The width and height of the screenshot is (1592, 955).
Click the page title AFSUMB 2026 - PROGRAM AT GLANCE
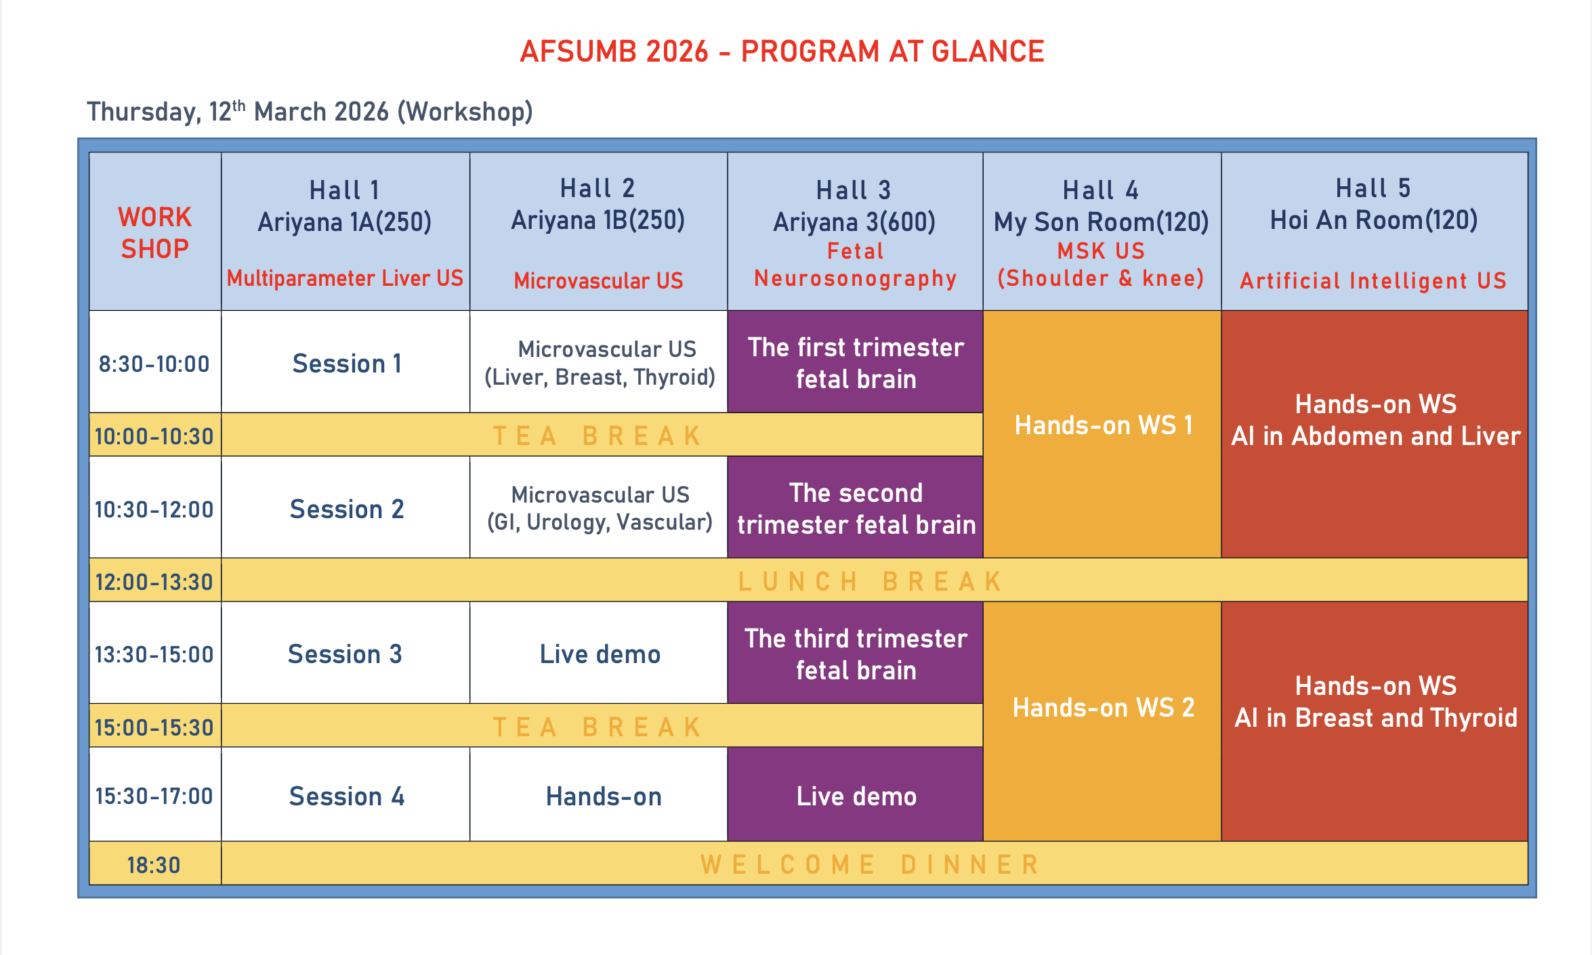(782, 52)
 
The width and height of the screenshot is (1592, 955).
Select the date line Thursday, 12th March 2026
(310, 112)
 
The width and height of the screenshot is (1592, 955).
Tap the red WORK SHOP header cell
(155, 232)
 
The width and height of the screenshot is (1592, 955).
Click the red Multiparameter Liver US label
(345, 278)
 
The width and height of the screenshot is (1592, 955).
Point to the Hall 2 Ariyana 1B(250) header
(598, 204)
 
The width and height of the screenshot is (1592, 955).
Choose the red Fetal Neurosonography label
(855, 265)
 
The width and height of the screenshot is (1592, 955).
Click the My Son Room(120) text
(1101, 222)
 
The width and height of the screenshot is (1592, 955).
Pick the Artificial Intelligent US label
(1373, 280)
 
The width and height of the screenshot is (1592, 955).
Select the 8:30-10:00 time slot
(154, 364)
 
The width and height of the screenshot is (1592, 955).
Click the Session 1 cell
(346, 364)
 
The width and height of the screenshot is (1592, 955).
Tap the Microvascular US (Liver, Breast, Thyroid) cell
(600, 363)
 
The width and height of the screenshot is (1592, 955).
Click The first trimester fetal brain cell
(856, 363)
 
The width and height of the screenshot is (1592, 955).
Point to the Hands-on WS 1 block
(1103, 425)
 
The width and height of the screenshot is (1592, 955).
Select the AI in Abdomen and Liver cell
(1375, 421)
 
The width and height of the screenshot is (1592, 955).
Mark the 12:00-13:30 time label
(154, 582)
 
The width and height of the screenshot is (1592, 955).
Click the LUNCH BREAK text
(871, 582)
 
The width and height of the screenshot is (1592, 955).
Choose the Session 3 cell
(345, 654)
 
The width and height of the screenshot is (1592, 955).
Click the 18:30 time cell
(154, 865)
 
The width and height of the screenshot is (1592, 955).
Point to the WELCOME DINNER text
(871, 865)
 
